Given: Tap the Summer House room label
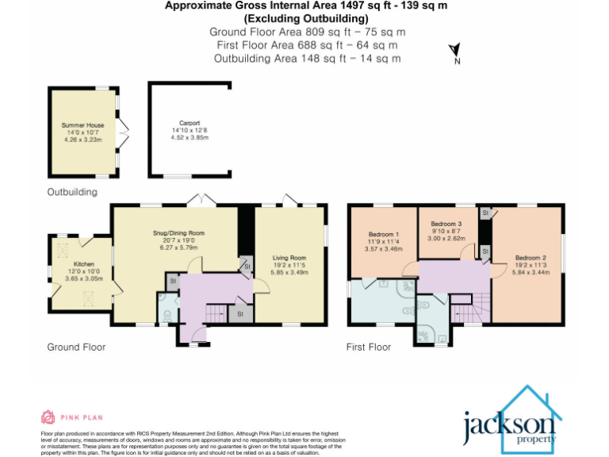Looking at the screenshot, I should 83,125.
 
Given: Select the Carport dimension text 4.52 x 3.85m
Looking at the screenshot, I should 189,136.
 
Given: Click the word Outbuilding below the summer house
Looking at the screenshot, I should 71,192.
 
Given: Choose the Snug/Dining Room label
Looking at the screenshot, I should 178,233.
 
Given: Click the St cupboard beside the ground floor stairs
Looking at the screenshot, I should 240,314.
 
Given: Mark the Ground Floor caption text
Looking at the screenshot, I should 76,347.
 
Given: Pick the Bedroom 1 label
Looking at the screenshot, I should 384,235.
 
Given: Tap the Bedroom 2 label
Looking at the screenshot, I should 529,258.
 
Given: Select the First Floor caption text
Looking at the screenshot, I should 369,347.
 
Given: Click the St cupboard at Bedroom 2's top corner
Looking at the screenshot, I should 485,213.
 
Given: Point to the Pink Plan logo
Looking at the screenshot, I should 71,417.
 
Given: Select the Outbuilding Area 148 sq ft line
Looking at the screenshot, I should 306,58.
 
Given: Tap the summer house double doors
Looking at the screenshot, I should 122,132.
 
